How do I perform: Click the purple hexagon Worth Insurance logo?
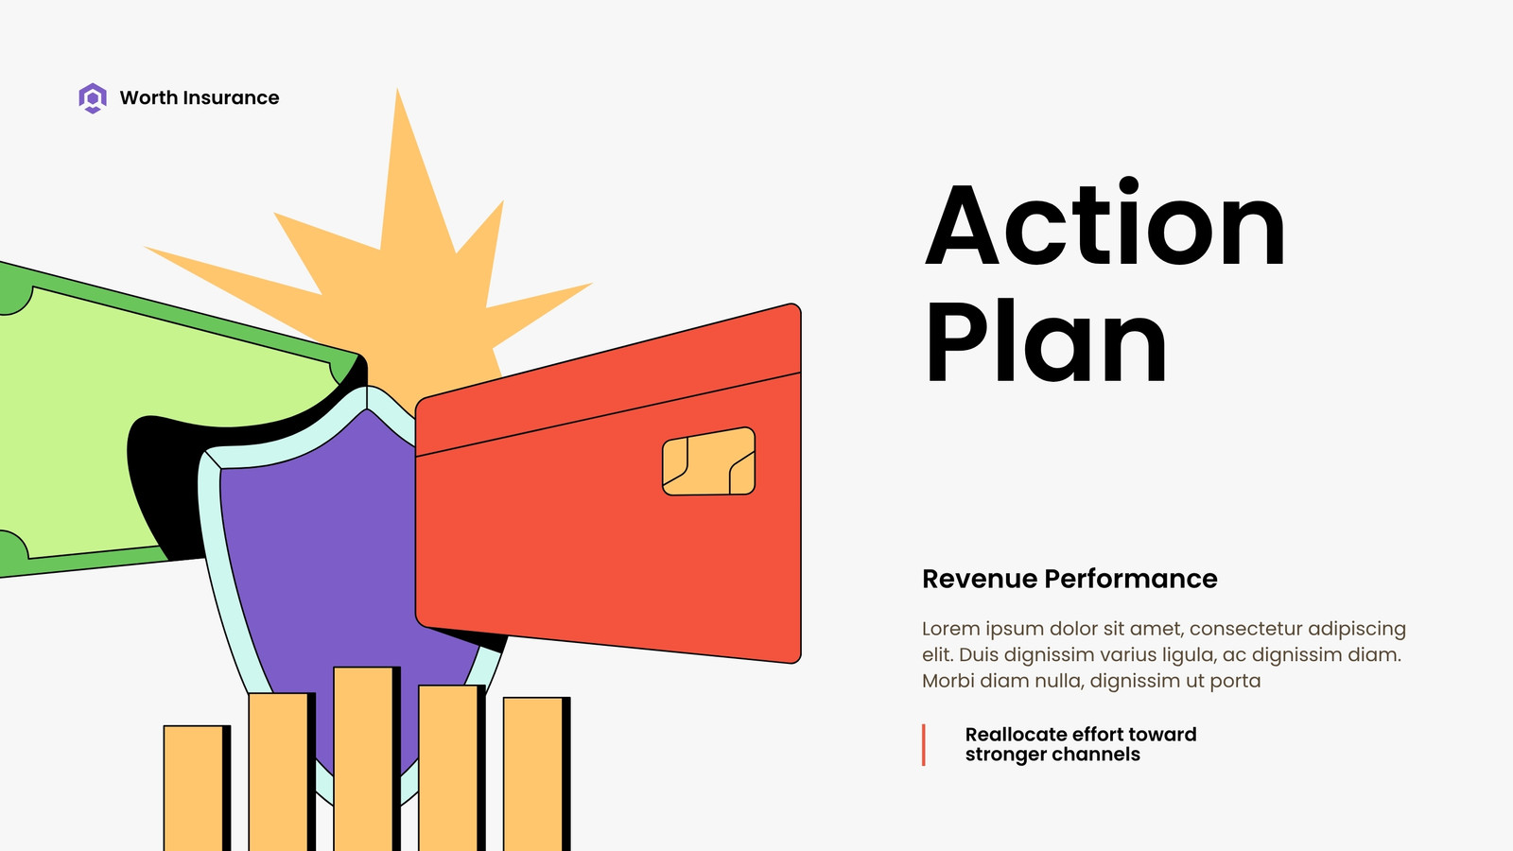tap(93, 98)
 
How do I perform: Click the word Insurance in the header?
tap(231, 98)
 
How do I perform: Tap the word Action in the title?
tap(1105, 222)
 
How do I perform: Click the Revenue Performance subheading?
tap(1070, 579)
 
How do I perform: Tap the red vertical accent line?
tap(923, 745)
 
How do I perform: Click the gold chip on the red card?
tap(708, 461)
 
